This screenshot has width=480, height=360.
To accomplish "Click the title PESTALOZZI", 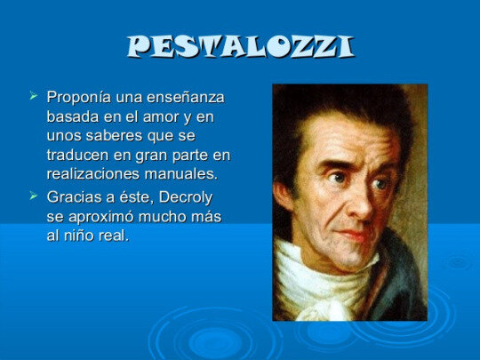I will (240, 46).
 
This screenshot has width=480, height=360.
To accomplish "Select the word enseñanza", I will (186, 97).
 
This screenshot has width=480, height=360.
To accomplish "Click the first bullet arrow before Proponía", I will (34, 95).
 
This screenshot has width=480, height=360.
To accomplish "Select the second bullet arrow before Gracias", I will (34, 195).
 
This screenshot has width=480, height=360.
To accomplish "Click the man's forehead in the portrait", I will (351, 142).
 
